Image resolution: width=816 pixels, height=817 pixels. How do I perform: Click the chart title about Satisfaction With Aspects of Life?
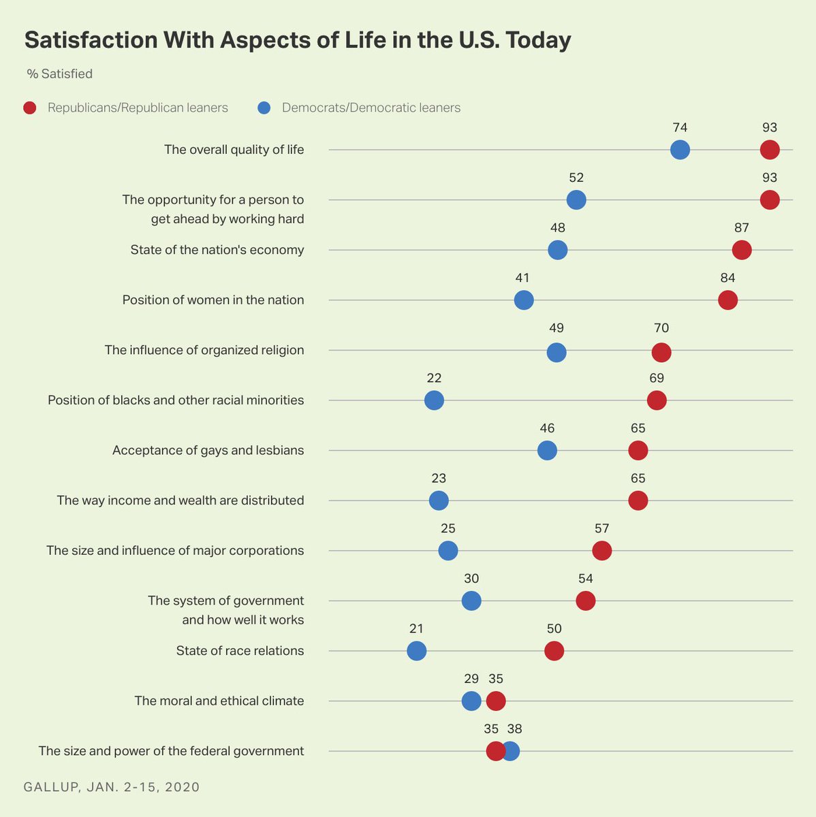pyautogui.click(x=298, y=40)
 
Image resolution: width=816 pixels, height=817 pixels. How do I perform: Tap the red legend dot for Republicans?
pyautogui.click(x=30, y=108)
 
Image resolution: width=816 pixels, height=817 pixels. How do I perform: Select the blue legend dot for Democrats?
pyautogui.click(x=264, y=108)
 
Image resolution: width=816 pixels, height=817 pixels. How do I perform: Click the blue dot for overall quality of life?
pyautogui.click(x=680, y=150)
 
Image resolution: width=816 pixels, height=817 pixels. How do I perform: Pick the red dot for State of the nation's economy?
pyautogui.click(x=742, y=250)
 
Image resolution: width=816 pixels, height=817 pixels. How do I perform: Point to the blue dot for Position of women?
pyautogui.click(x=523, y=300)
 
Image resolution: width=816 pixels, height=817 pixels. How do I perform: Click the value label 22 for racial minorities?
pyautogui.click(x=434, y=378)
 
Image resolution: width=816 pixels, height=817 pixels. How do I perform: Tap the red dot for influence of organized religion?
pyautogui.click(x=661, y=352)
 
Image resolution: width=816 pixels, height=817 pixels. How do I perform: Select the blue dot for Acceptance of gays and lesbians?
pyautogui.click(x=547, y=450)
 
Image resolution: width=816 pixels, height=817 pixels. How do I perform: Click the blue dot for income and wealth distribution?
pyautogui.click(x=439, y=500)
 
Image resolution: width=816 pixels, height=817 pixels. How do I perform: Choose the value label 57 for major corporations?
pyautogui.click(x=601, y=528)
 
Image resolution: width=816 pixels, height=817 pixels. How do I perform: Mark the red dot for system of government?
pyautogui.click(x=585, y=600)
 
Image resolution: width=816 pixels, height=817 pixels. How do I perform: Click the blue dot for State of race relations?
pyautogui.click(x=417, y=651)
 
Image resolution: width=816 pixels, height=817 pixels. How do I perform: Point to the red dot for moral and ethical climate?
pyautogui.click(x=496, y=701)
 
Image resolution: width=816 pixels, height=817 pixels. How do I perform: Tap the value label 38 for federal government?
pyautogui.click(x=514, y=729)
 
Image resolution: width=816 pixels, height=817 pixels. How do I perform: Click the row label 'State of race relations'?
pyautogui.click(x=240, y=651)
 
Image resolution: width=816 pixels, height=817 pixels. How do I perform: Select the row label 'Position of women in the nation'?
pyautogui.click(x=213, y=300)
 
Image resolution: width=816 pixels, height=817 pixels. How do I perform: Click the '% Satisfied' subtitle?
pyautogui.click(x=60, y=74)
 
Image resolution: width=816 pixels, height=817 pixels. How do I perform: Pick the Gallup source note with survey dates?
pyautogui.click(x=112, y=787)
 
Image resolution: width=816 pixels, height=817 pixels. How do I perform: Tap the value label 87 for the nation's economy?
pyautogui.click(x=742, y=228)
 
